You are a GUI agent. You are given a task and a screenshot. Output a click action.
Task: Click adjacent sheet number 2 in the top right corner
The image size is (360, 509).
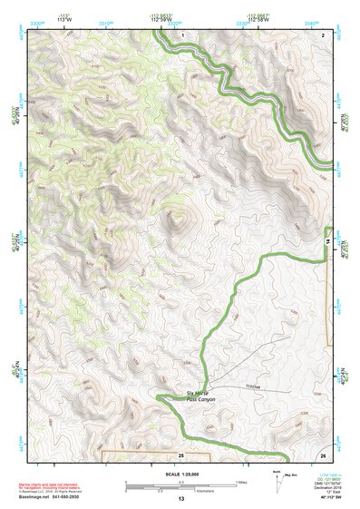tap(323, 34)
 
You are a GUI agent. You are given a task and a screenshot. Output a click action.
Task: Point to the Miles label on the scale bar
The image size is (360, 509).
tap(240, 481)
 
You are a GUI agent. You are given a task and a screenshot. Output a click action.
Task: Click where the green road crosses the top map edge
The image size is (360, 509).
tap(156, 30)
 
